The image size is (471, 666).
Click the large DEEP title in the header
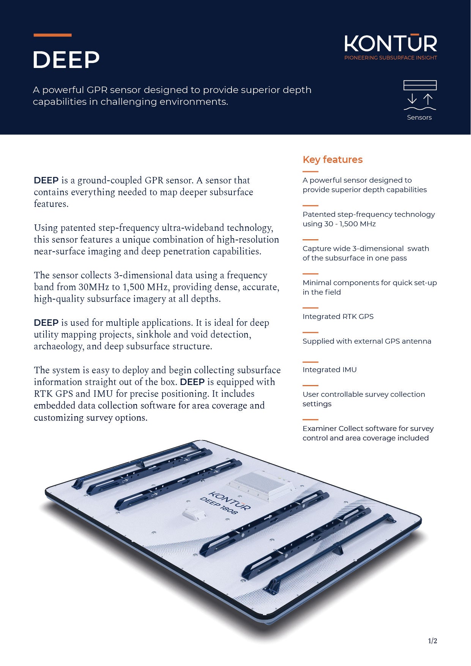(66, 60)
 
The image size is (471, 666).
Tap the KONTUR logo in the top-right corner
(391, 43)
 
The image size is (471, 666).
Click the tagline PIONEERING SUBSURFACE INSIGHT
(391, 58)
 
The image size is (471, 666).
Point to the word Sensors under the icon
(419, 117)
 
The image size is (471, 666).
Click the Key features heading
(332, 160)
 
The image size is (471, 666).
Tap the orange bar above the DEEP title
(52, 35)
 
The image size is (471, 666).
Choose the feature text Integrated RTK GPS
(338, 317)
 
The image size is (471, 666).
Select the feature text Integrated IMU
(329, 370)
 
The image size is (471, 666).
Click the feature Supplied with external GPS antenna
(367, 341)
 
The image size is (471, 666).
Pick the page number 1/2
(433, 641)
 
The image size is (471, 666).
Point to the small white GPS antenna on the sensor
(195, 514)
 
